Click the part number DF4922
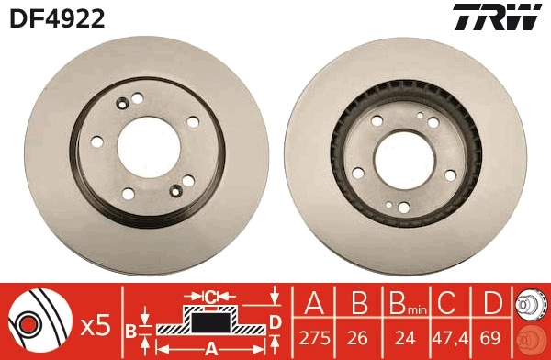(x=56, y=17)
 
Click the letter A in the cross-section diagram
(x=209, y=347)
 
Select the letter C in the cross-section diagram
(x=210, y=297)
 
